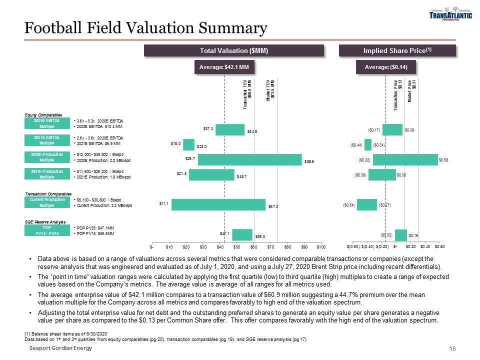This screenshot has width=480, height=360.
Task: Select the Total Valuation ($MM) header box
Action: coord(234,50)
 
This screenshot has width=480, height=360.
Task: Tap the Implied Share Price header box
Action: coord(397,50)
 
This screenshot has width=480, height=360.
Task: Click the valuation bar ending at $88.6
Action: coord(250,159)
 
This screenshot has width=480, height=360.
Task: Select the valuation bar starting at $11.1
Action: coord(218,205)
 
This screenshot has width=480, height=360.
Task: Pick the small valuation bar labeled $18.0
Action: coord(189,144)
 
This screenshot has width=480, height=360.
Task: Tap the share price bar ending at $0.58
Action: coord(405,159)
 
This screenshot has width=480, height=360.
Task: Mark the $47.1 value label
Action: coord(225,233)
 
